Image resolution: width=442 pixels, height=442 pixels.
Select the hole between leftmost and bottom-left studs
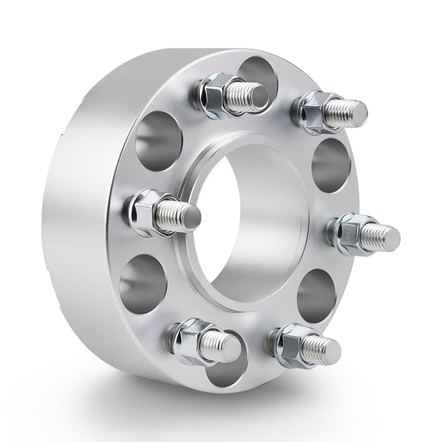[142, 284]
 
